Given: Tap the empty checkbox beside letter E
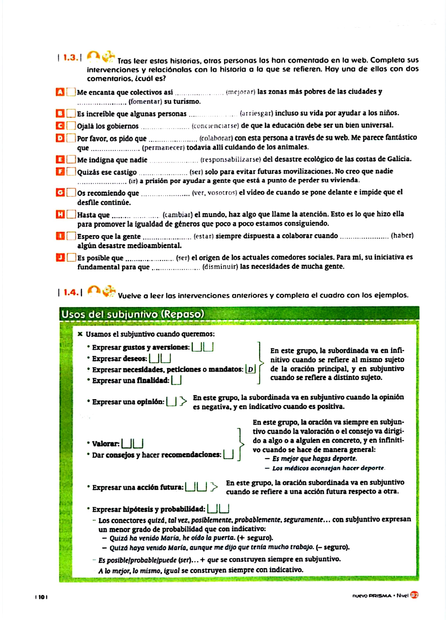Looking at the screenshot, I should click(71, 159).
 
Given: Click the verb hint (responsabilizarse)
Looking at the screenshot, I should click(231, 159).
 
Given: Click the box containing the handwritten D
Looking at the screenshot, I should click(250, 369).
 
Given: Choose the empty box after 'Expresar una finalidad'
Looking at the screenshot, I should click(176, 380).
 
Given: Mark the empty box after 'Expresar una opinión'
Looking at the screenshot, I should click(171, 402).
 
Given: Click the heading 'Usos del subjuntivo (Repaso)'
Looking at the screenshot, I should click(133, 314).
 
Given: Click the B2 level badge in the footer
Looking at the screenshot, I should click(414, 595).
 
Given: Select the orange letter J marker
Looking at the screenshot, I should click(60, 258).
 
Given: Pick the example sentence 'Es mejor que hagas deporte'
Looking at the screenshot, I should click(314, 458).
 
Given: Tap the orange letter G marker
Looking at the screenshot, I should click(60, 193).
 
